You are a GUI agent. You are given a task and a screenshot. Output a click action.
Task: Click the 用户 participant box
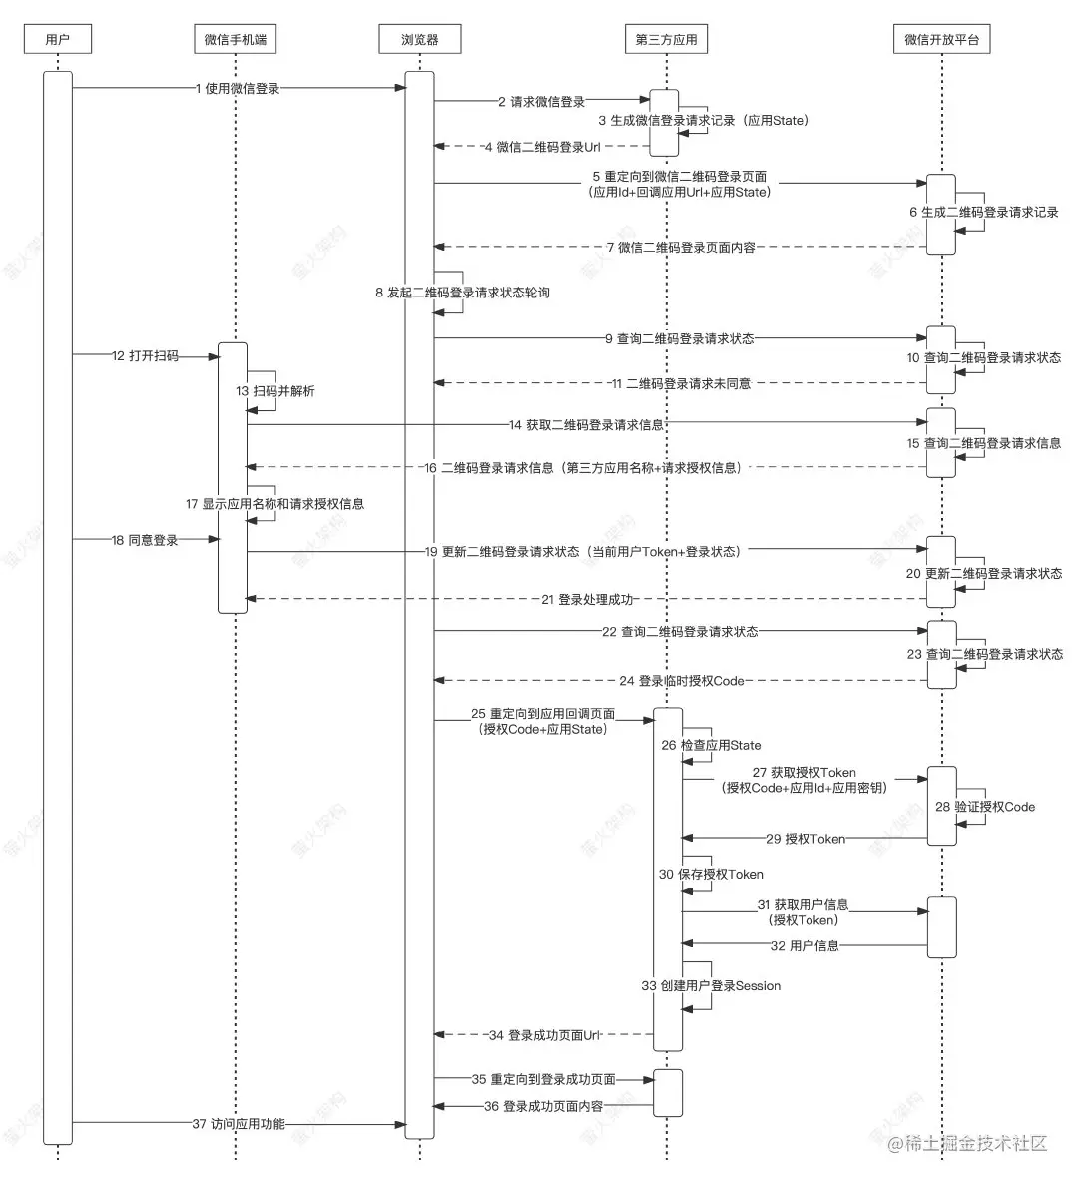pos(58,40)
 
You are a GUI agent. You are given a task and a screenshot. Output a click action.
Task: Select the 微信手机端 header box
pos(234,40)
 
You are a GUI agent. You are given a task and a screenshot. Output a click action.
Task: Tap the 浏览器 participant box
pos(419,40)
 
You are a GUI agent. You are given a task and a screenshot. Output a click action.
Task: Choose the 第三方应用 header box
pos(666,40)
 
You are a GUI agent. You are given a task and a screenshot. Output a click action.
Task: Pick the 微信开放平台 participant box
pos(941,40)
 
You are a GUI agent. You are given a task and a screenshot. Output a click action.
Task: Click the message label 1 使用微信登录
pos(238,88)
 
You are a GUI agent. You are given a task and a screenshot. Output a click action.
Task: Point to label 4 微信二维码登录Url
pos(542,147)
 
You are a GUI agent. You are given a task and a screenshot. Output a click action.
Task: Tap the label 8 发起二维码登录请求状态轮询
pos(462,293)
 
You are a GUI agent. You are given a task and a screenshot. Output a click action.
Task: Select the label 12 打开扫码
pos(145,355)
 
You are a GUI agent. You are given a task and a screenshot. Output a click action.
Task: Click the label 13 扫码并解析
pos(275,391)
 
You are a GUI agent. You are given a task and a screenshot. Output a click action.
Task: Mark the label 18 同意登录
pos(145,540)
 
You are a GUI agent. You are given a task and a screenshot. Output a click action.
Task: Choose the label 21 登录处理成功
pos(587,599)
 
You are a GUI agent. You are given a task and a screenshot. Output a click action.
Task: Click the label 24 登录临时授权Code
pos(682,681)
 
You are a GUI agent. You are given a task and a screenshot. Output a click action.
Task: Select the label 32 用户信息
pos(804,945)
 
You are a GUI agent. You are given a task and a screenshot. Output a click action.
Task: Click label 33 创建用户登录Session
pos(711,985)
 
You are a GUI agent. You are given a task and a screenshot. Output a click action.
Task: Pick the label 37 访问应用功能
pos(239,1124)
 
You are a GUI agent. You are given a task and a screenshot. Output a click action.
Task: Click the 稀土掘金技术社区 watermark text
pos(967,1143)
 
